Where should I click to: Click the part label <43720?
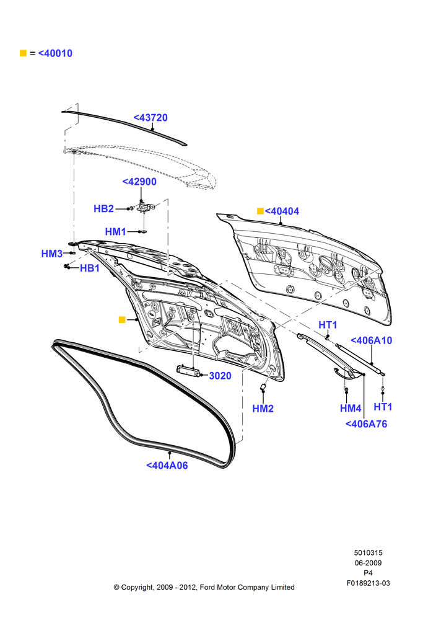coord(150,117)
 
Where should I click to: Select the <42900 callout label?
coord(139,182)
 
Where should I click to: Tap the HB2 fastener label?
coord(104,208)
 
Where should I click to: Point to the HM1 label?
coord(115,231)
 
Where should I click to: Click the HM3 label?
coord(52,254)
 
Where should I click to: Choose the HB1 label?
coord(90,268)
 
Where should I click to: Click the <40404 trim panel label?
coord(282,211)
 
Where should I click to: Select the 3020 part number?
coord(220,376)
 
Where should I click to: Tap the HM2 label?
coord(263,409)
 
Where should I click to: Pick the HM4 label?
coord(351,408)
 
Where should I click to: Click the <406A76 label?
coord(366,424)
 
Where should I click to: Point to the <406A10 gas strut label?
coord(371,340)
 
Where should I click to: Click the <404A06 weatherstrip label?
coord(167,466)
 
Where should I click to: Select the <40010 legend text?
coord(55,53)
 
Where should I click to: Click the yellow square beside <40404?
coord(260,211)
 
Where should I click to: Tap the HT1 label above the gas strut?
coord(328,325)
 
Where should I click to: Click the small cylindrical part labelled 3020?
coord(187,370)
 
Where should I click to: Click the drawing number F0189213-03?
coord(368,583)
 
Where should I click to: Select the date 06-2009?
coord(368,563)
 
